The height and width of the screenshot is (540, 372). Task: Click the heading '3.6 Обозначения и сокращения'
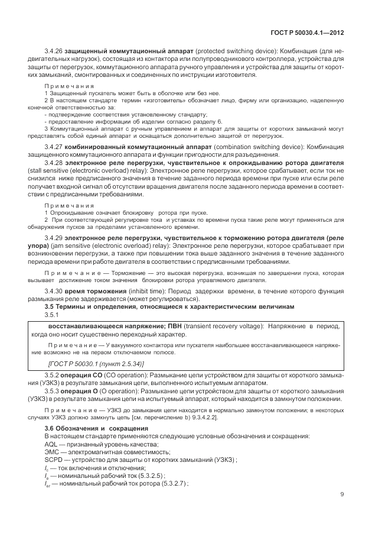92,428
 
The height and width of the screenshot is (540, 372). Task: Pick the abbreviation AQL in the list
51,444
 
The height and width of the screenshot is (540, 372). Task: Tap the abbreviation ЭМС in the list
52,451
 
